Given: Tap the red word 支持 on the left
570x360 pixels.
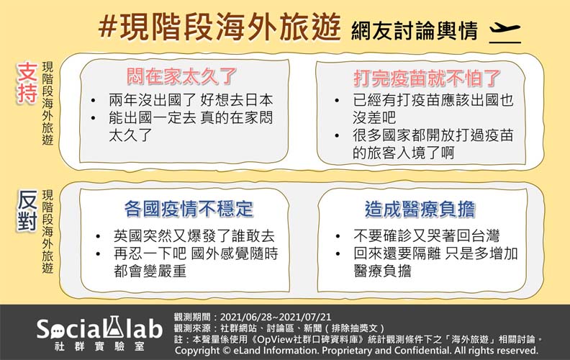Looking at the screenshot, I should coord(27,84).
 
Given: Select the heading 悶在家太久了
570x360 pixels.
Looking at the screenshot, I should coord(181,76).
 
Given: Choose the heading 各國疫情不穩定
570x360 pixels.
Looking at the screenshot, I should coord(189,209).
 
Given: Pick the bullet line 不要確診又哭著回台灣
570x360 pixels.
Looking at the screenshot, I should coord(426,236).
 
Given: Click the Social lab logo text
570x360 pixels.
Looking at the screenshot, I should coord(99,328).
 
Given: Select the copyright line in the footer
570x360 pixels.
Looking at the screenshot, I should coord(356,350).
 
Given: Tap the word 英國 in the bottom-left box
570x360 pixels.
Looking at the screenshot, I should coord(125,236).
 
